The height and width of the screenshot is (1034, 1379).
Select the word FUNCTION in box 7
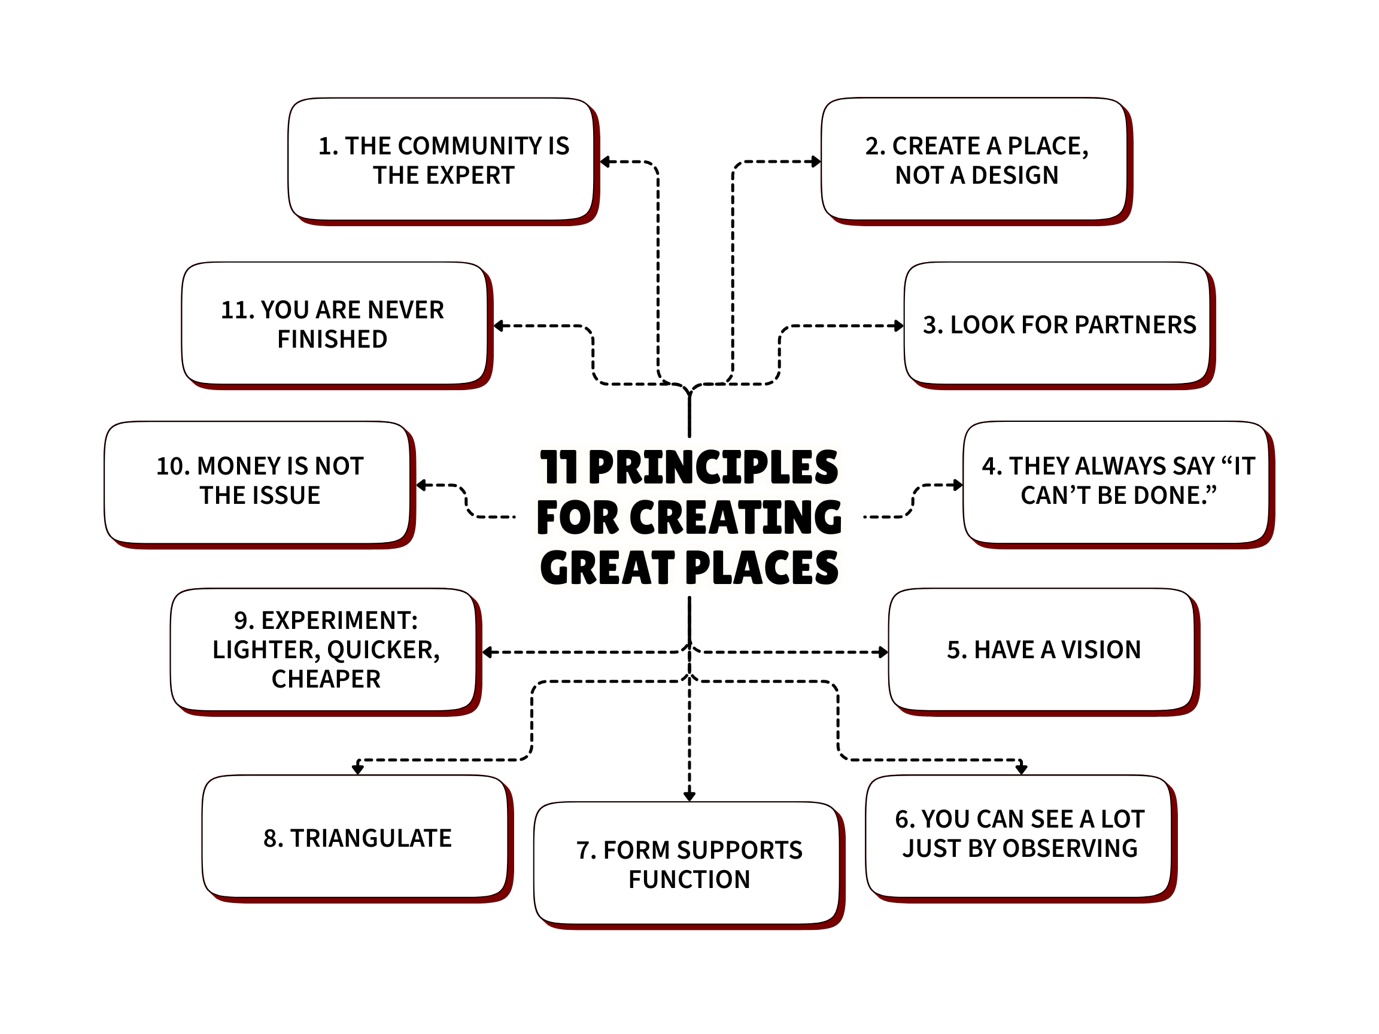689,880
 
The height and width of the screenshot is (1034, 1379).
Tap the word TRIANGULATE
370,839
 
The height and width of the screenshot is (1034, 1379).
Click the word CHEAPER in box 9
326,679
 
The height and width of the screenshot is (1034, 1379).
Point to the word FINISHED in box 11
332,340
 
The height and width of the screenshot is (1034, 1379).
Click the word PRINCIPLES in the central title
713,467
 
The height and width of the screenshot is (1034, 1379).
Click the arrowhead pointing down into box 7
689,796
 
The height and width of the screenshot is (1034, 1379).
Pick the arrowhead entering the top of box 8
358,770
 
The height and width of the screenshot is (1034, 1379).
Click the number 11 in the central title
558,467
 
